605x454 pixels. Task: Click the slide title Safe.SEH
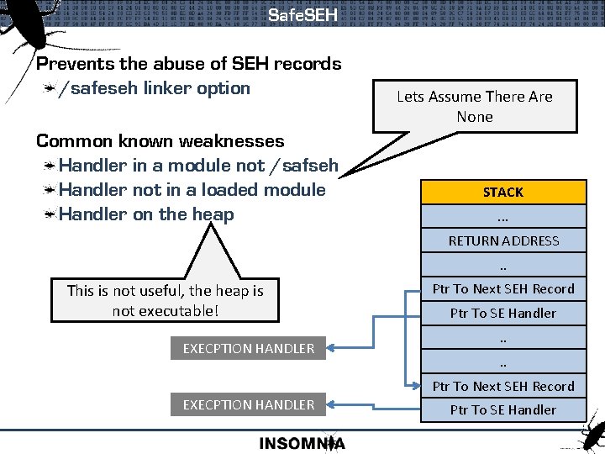[302, 15]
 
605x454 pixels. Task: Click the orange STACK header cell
[502, 193]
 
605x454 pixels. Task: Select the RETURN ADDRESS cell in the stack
[502, 240]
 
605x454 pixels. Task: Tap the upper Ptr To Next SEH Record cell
[502, 288]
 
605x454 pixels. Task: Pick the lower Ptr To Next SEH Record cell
[502, 386]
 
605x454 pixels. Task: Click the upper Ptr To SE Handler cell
[502, 313]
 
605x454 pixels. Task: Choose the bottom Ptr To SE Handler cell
[502, 409]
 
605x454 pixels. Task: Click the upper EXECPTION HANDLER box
[249, 348]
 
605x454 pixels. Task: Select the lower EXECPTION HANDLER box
[249, 404]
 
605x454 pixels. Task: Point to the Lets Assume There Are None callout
[475, 107]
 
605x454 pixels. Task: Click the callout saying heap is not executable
[165, 301]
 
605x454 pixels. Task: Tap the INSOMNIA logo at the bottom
[302, 444]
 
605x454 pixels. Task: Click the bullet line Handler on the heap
[147, 214]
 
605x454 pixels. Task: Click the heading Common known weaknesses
[160, 141]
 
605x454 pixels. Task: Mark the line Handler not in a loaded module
[192, 190]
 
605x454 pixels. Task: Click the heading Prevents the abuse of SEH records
[189, 64]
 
